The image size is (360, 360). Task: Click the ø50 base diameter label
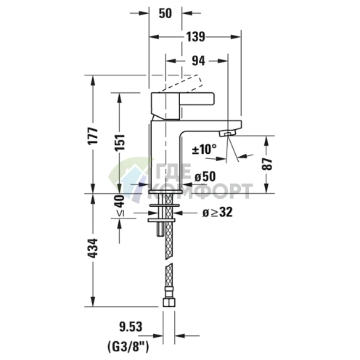click(206, 176)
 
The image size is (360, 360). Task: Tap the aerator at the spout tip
click(230, 134)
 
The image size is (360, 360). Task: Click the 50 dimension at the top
click(165, 13)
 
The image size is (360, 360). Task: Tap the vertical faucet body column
click(165, 152)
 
